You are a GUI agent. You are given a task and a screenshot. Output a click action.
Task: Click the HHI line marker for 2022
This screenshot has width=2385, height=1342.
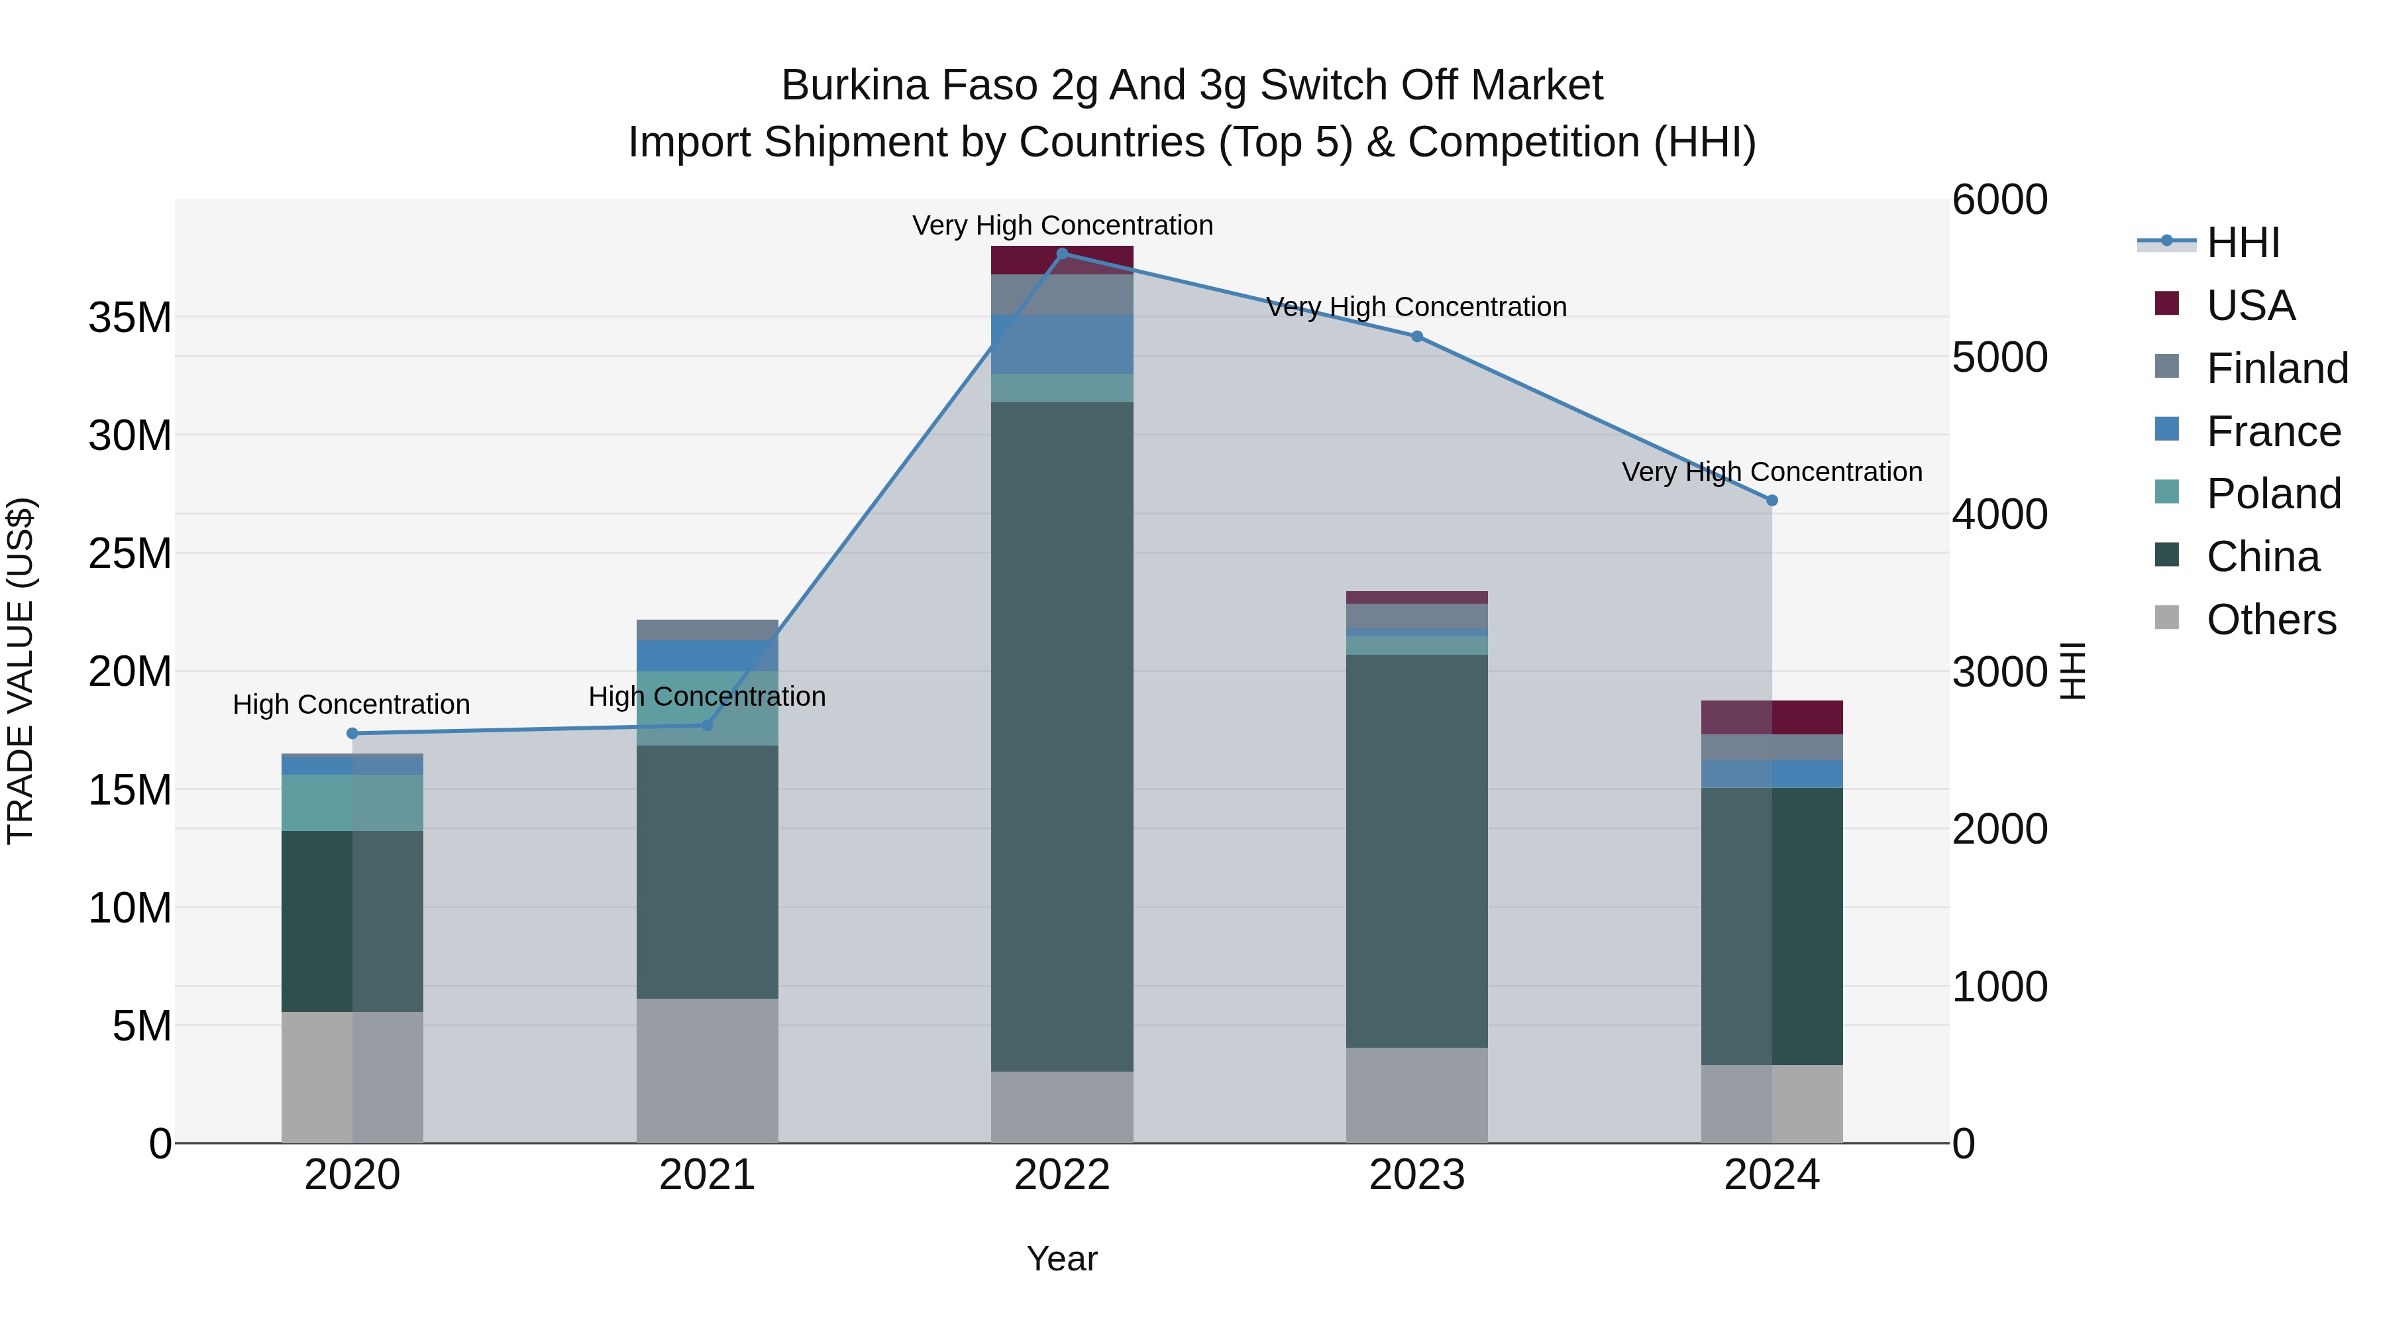(1062, 253)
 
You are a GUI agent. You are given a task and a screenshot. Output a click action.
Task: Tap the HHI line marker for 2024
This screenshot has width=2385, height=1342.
(1771, 500)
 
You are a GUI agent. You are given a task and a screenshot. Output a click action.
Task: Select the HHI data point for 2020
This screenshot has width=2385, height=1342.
(352, 734)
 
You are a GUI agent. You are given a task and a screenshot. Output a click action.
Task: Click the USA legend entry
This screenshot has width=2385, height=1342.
(2250, 306)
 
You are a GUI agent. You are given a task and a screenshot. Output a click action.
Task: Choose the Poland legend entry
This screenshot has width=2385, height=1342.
(2273, 494)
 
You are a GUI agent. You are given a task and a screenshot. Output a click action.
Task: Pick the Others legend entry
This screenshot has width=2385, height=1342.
(2270, 620)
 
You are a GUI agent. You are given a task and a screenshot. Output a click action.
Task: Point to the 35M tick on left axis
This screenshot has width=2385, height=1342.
(130, 317)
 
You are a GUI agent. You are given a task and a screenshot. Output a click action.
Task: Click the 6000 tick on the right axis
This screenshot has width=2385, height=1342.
(2000, 200)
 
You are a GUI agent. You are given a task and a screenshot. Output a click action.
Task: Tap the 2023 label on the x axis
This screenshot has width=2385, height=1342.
(1416, 1175)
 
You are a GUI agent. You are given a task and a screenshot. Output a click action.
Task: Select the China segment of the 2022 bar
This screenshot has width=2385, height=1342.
(1062, 736)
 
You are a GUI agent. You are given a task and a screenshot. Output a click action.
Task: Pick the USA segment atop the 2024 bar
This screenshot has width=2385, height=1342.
(1771, 717)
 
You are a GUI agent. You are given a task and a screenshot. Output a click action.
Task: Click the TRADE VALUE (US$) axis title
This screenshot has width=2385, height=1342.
(21, 671)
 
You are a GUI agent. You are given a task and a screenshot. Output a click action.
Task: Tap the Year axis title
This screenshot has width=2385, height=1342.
(1062, 1258)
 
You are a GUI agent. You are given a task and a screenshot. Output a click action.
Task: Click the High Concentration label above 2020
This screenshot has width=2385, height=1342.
(352, 705)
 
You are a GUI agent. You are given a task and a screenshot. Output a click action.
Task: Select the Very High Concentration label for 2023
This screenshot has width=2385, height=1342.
(1416, 307)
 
